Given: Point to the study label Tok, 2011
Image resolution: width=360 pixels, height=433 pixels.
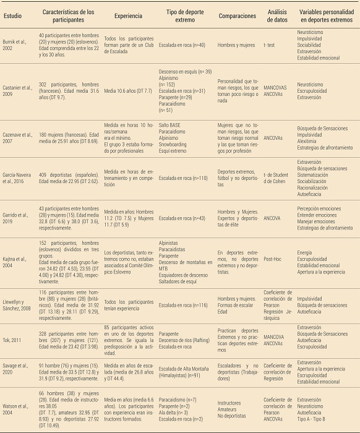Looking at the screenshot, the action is pyautogui.click(x=14, y=339).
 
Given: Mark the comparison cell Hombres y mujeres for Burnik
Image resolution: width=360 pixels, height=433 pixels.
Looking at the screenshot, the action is pyautogui.click(x=238, y=45).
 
